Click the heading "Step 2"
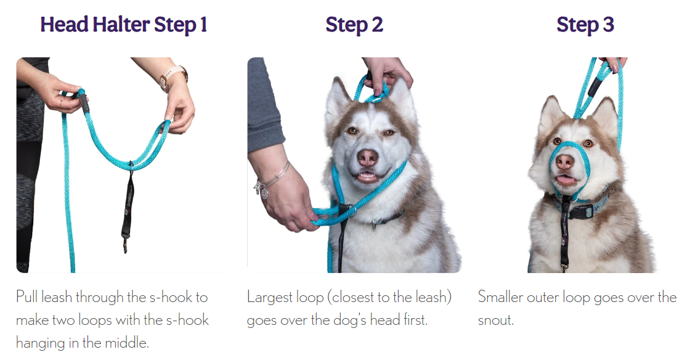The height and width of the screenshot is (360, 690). [x=354, y=25]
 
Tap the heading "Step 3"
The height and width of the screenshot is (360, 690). [x=585, y=25]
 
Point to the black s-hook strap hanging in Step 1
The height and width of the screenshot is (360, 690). [x=128, y=207]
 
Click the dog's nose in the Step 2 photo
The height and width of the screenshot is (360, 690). [x=367, y=158]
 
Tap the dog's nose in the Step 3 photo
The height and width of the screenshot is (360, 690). [x=564, y=162]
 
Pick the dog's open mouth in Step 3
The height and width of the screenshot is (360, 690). [x=566, y=179]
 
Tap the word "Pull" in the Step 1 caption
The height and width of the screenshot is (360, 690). [x=26, y=297]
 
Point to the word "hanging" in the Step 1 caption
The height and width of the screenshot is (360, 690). [x=40, y=343]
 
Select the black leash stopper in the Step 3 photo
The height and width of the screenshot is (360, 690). [x=595, y=86]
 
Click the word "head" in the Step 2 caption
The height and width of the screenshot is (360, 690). [x=382, y=320]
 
